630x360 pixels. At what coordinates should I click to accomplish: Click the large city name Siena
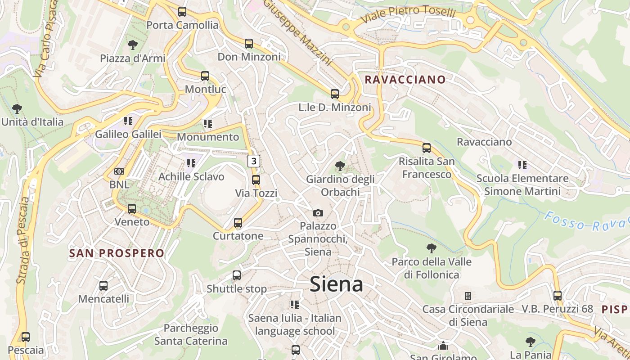coord(336,284)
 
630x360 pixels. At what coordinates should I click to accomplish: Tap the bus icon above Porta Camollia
coord(182,12)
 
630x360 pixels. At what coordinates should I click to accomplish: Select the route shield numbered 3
coord(254,161)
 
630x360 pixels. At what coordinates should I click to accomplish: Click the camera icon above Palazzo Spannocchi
coord(318,213)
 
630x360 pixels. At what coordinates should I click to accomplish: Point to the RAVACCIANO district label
coord(405,80)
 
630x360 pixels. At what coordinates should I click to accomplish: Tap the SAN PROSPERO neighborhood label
coord(117,253)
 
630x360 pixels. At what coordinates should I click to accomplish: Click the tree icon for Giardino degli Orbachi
coord(340,166)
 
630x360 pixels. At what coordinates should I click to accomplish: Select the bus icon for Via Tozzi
coord(256,180)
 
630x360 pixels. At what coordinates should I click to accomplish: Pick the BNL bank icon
coord(119,171)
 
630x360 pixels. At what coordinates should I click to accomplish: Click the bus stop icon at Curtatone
coord(238,223)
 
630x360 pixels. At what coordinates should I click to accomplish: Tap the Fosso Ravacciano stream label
coord(585,221)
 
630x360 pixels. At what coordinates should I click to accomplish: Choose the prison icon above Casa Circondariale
coord(468,296)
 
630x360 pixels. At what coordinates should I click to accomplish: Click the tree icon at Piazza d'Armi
coord(132,45)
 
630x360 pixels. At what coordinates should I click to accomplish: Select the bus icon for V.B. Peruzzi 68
coord(558,296)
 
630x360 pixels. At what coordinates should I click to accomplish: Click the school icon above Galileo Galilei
coord(128,121)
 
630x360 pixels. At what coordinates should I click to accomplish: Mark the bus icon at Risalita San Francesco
coord(427,148)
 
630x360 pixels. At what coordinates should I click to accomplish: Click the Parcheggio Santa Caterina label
coord(191,334)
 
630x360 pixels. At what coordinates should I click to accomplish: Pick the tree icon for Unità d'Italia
coord(17,109)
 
